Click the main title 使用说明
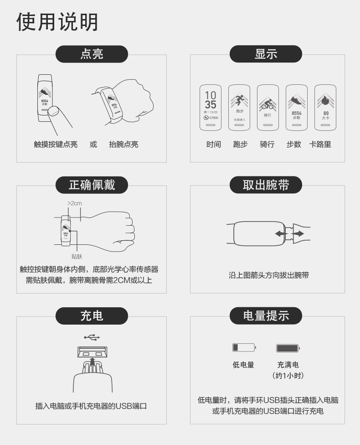click(x=57, y=21)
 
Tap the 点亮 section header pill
click(x=92, y=54)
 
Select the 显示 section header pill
click(x=266, y=54)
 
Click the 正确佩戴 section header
click(x=92, y=185)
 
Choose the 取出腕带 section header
click(x=266, y=185)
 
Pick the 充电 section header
click(x=92, y=316)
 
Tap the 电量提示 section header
click(x=266, y=316)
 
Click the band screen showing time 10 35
click(x=211, y=108)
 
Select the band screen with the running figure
click(x=239, y=108)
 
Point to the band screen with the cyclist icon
click(x=267, y=108)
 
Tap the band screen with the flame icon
click(x=325, y=108)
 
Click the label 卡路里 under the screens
click(x=320, y=145)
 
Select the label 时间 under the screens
click(x=213, y=145)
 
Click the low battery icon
click(x=244, y=348)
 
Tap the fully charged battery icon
click(x=288, y=348)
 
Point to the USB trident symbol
click(x=92, y=337)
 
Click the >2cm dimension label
click(x=75, y=203)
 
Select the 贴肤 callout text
click(x=77, y=257)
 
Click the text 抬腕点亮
click(x=123, y=145)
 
